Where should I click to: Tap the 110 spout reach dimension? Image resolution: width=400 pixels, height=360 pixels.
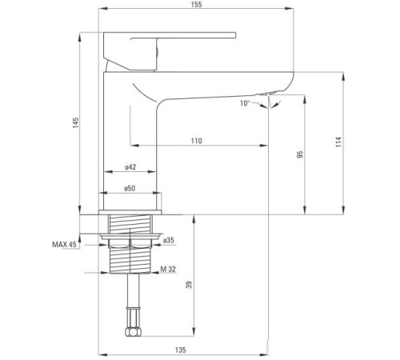coord(196,141)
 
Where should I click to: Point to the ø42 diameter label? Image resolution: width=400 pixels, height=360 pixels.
coord(130,167)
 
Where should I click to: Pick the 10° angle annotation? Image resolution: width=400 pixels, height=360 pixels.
coord(244,103)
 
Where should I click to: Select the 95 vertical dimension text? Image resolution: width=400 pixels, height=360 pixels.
coord(299,154)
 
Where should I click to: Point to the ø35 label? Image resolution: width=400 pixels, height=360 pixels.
coord(169,240)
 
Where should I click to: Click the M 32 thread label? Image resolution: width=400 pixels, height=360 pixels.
coord(167,269)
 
